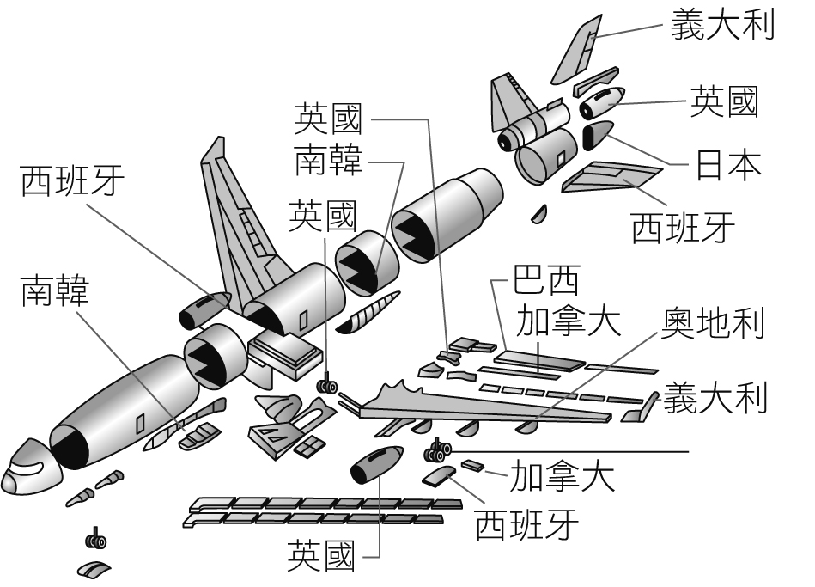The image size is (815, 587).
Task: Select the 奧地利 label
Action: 713,322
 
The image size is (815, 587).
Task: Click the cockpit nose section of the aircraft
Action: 27,469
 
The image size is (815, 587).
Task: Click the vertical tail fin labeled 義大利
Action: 577,51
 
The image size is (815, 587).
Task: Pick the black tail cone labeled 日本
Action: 596,136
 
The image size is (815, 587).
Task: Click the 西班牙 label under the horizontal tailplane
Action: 683,227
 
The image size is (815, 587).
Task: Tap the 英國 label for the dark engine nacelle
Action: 320,555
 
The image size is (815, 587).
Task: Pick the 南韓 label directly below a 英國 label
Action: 329,159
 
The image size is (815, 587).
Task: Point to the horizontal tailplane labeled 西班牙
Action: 610,175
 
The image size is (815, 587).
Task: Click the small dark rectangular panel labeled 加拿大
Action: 473,466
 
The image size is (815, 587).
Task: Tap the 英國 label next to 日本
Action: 725,102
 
